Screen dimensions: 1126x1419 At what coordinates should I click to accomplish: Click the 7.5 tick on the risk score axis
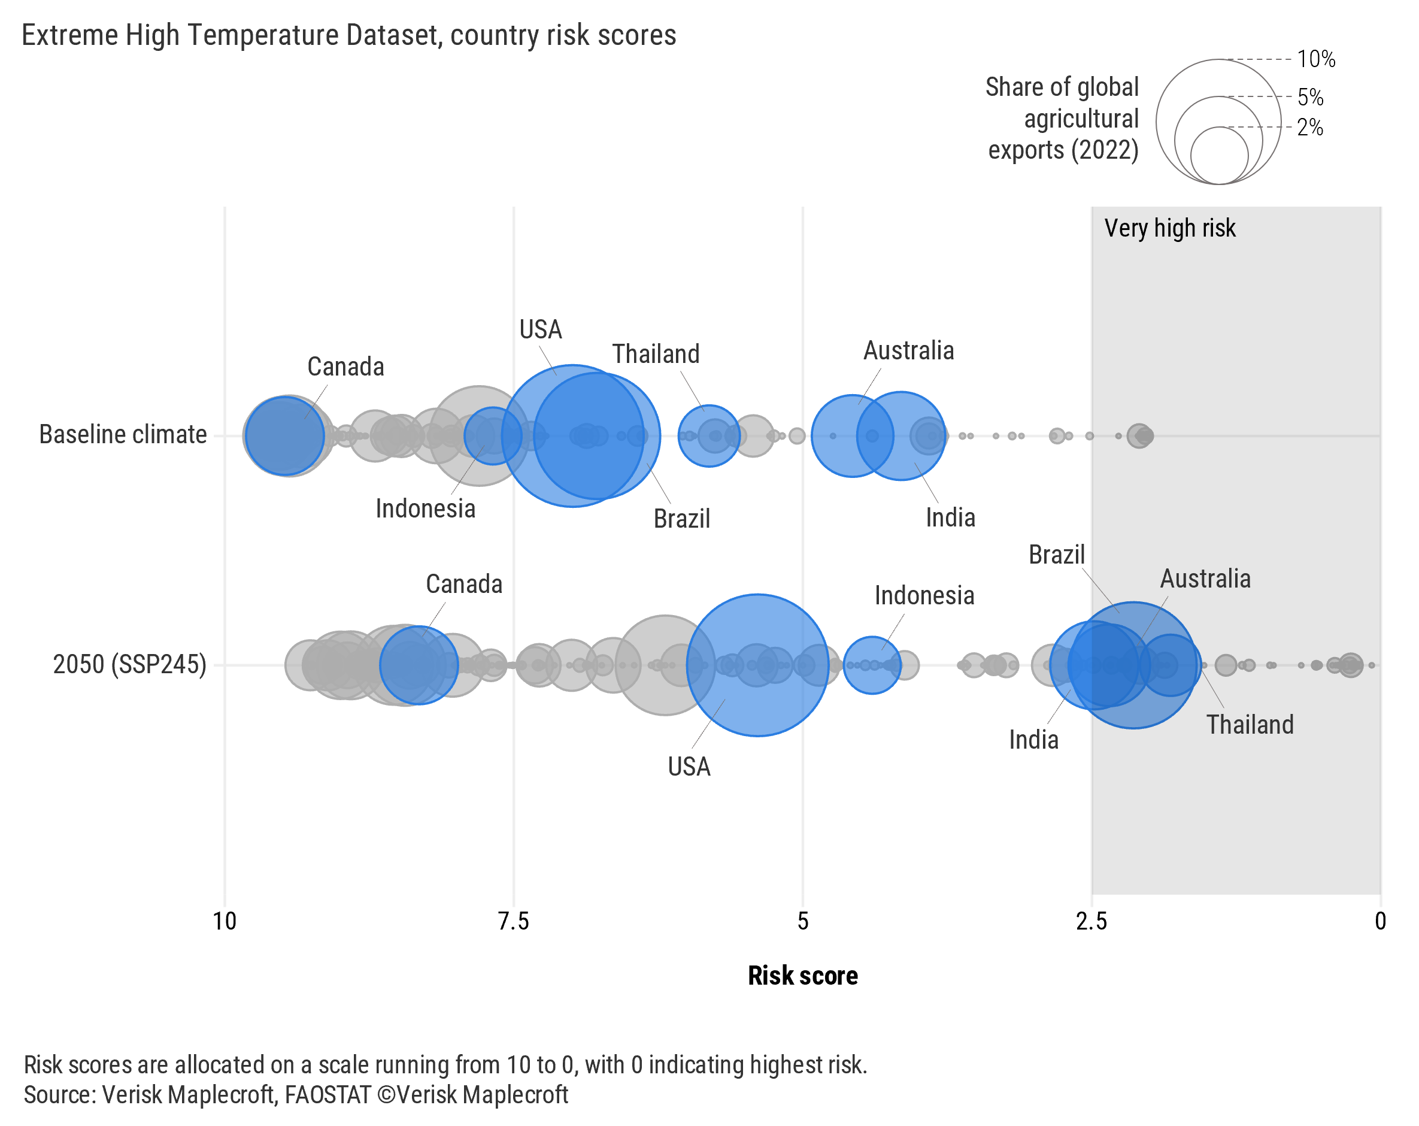513,921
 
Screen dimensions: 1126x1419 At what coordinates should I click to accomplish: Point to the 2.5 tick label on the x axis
1091,921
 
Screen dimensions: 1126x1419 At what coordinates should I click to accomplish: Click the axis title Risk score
802,975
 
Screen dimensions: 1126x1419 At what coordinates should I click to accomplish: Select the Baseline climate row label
123,435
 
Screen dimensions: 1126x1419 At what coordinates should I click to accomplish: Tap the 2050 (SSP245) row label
130,664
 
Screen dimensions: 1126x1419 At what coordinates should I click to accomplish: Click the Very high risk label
1169,228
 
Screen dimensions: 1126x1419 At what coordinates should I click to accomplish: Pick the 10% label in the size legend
1315,59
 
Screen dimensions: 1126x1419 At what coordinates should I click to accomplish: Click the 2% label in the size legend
1310,127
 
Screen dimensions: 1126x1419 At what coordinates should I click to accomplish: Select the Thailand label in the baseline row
656,354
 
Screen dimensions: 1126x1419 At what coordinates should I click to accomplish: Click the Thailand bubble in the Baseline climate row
709,435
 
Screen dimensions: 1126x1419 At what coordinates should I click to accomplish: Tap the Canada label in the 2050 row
464,584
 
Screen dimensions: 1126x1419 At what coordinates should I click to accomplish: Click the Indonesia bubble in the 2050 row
871,665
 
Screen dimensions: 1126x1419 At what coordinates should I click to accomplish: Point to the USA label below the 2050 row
689,767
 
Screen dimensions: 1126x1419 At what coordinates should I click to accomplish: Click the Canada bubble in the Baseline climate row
285,435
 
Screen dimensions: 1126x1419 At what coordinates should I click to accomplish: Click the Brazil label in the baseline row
682,519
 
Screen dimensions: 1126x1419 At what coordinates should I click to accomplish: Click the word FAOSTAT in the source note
327,1094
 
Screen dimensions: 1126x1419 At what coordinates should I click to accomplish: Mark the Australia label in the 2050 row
1205,579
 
